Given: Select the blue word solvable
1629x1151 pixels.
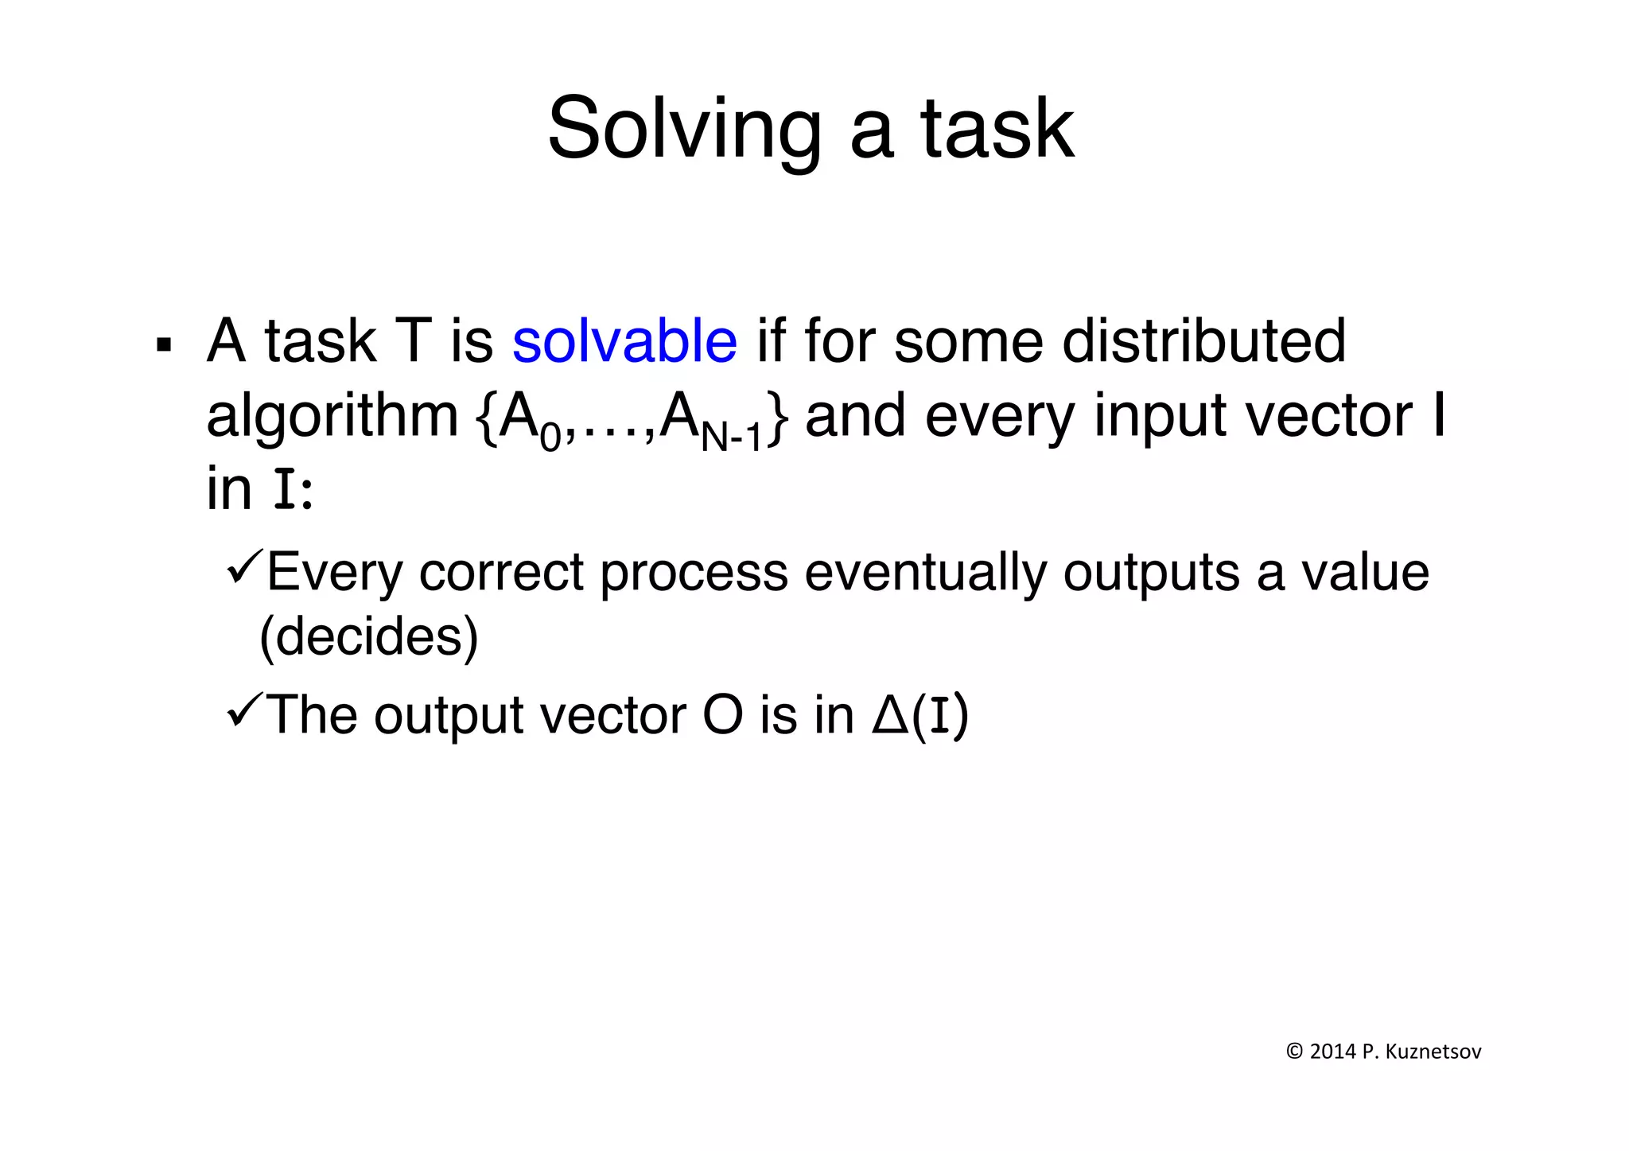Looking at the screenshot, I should coord(624,341).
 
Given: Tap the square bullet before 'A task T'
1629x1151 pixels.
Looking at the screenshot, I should coord(165,345).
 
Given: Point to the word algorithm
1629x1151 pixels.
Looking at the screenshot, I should coord(332,417).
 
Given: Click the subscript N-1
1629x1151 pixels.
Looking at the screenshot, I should coord(732,437).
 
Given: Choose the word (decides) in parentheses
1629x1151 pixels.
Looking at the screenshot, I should coord(369,636).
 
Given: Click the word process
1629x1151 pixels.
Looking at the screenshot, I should coord(693,572).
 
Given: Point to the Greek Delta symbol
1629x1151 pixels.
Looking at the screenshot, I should coord(890,714).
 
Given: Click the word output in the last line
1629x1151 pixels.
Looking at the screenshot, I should coord(448,714).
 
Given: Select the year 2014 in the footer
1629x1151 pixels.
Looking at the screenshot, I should coord(1332,1052).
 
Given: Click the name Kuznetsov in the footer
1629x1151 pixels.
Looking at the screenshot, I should coord(1433,1052).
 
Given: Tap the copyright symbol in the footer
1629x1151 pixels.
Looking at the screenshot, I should coord(1294,1052).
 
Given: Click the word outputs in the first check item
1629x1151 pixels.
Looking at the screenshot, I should coord(1150,572).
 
